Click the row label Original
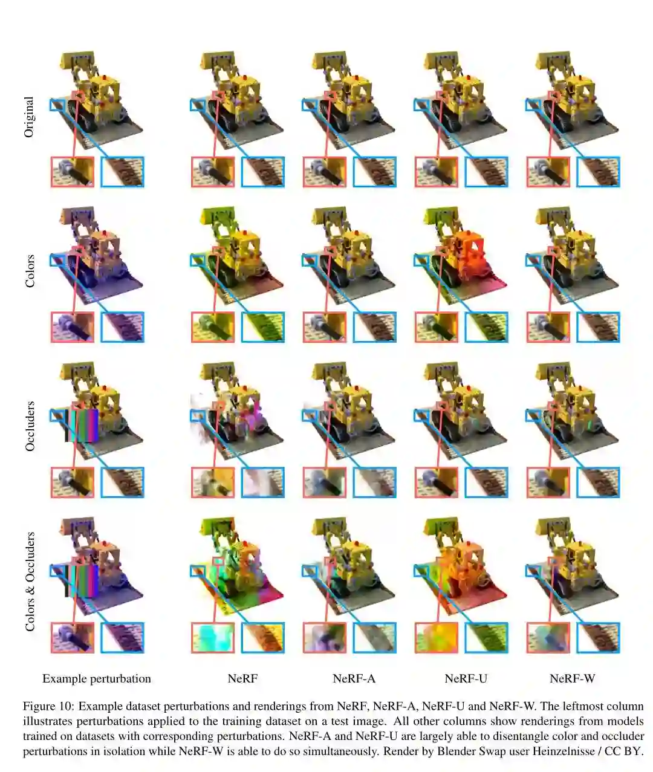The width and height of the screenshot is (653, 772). pos(29,117)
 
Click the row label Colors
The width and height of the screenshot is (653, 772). pos(30,271)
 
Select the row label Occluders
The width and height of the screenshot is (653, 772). pos(30,426)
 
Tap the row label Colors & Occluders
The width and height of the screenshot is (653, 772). pos(30,581)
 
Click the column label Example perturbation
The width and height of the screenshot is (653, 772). pos(96,678)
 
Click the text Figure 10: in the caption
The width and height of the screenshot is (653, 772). pos(49,706)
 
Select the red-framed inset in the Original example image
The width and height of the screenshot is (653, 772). pos(73,172)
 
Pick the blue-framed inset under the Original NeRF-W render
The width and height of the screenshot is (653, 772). pos(598,172)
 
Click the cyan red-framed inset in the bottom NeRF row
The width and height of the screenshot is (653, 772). pos(213,638)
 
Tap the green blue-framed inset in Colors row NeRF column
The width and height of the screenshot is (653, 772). pos(262,327)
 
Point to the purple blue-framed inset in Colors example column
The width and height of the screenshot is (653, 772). pos(122,327)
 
